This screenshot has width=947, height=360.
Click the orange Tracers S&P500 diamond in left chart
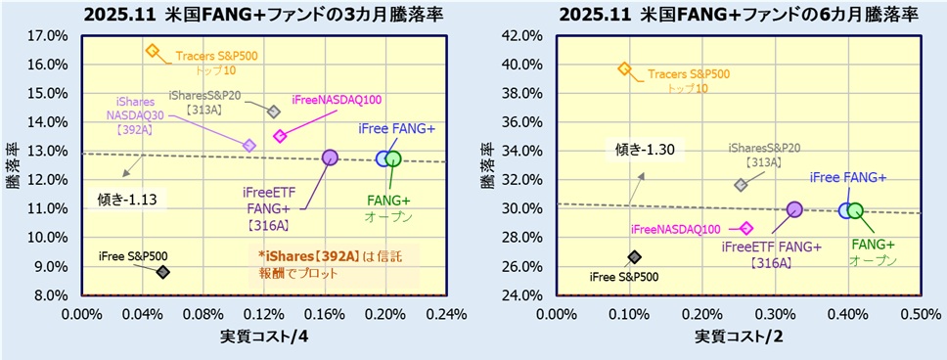tap(152, 50)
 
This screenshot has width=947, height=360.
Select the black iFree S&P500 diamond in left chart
tap(162, 272)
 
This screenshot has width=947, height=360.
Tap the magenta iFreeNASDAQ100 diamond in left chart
tap(280, 136)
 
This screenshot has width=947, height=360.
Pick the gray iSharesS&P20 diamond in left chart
tap(274, 112)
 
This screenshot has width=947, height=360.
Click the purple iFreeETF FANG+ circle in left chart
tap(330, 157)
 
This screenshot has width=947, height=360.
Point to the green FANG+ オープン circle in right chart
tap(855, 210)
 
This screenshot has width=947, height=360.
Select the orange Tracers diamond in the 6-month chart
tap(624, 68)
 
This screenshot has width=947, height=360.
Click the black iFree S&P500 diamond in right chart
tap(634, 256)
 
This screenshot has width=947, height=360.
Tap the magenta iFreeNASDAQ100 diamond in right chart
tap(746, 228)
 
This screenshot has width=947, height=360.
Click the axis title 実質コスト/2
tap(737, 337)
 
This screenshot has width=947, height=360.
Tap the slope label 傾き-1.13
tap(127, 200)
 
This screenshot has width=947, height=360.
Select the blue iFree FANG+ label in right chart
tap(847, 177)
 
